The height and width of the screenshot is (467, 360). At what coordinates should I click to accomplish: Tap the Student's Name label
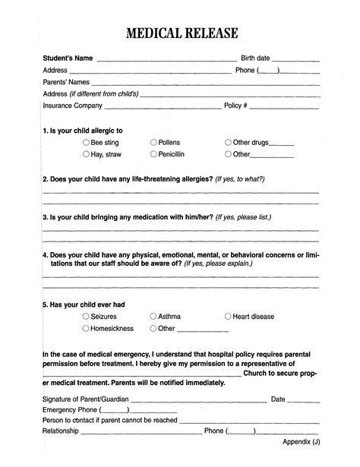point(68,58)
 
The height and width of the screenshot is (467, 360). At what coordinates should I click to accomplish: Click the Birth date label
point(254,58)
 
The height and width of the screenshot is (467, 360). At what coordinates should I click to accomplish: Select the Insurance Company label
point(72,106)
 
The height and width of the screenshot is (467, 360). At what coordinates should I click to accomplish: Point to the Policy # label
point(235,106)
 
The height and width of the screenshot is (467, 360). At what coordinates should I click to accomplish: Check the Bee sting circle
point(86,142)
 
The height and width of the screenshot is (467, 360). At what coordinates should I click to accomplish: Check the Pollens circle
point(153,142)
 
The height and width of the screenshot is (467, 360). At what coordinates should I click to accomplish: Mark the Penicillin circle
point(153,154)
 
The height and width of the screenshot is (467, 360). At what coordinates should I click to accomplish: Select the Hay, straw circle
point(86,154)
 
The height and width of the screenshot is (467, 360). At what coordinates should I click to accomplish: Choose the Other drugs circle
point(228,142)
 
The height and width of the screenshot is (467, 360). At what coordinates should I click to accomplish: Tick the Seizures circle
point(86,316)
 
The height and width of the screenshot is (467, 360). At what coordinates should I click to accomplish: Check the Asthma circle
point(153,316)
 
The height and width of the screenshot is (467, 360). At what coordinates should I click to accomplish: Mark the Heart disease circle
point(228,316)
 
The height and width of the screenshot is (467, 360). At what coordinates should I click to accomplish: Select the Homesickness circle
point(86,328)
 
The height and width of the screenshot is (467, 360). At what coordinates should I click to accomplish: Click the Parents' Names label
point(66,82)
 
